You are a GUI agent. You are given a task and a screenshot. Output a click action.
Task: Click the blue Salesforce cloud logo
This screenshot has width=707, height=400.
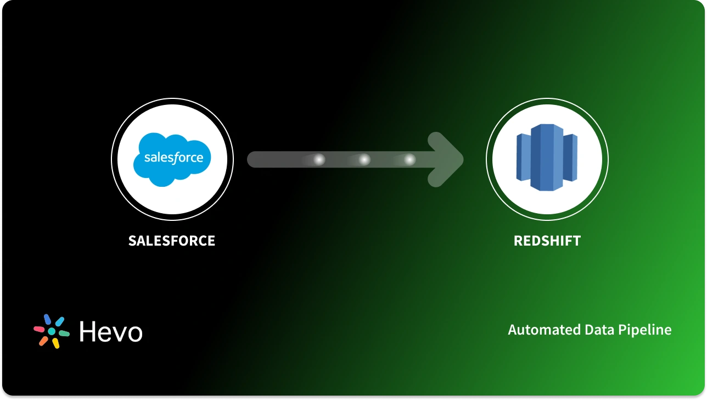(x=172, y=158)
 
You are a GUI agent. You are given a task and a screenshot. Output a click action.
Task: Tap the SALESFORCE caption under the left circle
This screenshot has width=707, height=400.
(x=172, y=241)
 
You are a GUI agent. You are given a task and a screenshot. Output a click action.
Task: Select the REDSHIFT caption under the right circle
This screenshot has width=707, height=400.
(x=547, y=241)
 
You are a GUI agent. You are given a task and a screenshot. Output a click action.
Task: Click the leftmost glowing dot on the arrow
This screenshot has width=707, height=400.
(x=318, y=159)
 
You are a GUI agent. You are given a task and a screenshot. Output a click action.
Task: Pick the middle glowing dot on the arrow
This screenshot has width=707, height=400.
(x=364, y=159)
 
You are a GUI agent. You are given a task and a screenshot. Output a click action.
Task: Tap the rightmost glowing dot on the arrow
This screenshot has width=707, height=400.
(x=409, y=159)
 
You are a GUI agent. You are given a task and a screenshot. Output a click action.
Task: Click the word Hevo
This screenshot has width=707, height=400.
(x=111, y=332)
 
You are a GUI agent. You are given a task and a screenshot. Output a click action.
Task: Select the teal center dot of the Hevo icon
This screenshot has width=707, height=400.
(x=52, y=331)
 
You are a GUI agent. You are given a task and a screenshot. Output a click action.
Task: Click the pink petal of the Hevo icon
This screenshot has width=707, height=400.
(x=39, y=329)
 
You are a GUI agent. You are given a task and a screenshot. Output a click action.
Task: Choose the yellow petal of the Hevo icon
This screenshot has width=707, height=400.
(x=55, y=343)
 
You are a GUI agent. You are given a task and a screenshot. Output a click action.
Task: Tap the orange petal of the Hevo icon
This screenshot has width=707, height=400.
(x=43, y=341)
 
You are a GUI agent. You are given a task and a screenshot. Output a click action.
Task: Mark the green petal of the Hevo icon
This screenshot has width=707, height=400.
(x=64, y=333)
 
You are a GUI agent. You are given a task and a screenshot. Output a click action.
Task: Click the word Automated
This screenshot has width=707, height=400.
(x=536, y=330)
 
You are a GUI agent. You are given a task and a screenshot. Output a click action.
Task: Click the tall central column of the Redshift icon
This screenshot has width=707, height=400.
(x=547, y=158)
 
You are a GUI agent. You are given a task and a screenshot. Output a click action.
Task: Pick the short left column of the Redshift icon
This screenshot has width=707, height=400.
(x=523, y=158)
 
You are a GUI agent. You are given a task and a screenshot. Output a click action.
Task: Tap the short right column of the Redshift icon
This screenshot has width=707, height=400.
(x=570, y=158)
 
